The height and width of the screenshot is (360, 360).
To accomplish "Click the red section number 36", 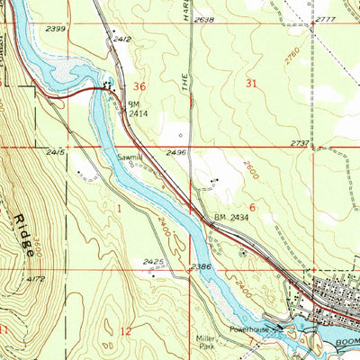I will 139,86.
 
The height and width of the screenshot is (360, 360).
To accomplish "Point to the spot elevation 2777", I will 326,18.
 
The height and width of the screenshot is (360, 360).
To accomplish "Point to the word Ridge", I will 23,236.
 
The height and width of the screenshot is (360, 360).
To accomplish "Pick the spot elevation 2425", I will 153,263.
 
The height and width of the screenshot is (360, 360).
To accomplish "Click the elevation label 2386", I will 200,267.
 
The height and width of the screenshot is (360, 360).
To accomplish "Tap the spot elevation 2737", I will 300,142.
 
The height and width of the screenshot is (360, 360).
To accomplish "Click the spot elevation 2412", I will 121,39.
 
